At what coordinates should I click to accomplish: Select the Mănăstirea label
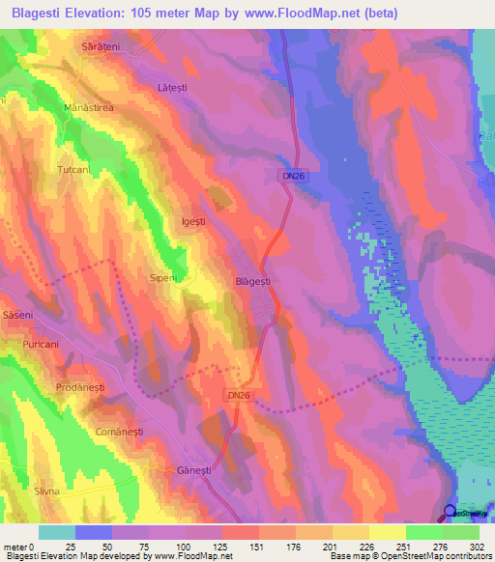(x=89, y=108)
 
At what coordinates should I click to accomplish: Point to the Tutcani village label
(x=73, y=169)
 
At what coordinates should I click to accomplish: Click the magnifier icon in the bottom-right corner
(x=451, y=513)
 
